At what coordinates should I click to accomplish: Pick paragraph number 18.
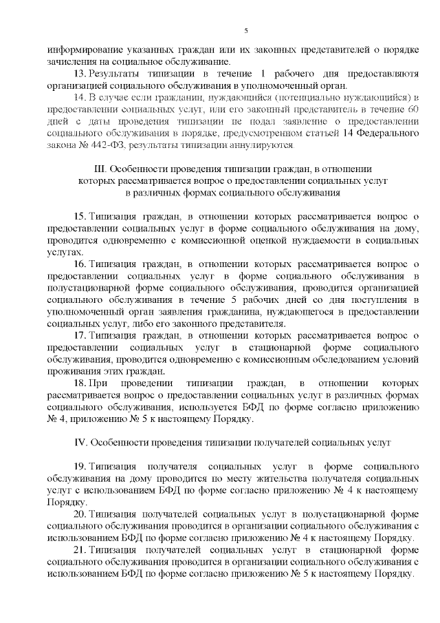tap(78, 383)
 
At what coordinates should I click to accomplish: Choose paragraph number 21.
tap(78, 551)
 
